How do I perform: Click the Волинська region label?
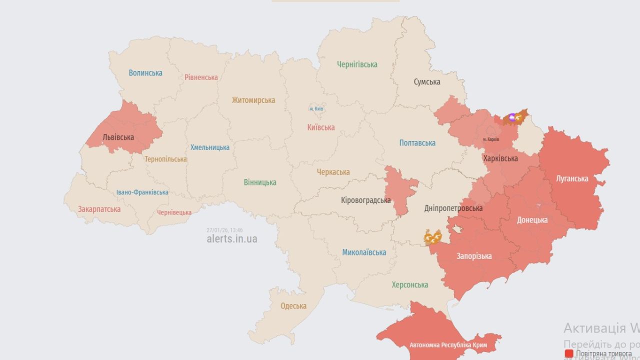(145, 73)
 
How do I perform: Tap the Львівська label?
(118, 137)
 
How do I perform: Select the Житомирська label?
(253, 100)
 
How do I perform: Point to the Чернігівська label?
(357, 64)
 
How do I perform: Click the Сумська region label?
(427, 82)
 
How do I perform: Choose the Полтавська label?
(417, 143)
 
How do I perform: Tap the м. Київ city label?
(316, 108)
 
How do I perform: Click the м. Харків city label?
(491, 139)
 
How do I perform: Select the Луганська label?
(572, 178)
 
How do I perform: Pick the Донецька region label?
(532, 220)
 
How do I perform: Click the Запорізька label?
(474, 256)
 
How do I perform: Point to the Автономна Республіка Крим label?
(448, 345)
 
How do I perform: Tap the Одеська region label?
(293, 306)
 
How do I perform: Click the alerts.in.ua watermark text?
(232, 239)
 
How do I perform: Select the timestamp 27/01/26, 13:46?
(224, 230)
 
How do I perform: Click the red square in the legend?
(569, 353)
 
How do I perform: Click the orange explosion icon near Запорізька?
(432, 236)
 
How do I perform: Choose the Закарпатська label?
(99, 209)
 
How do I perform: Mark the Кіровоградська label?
(365, 200)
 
